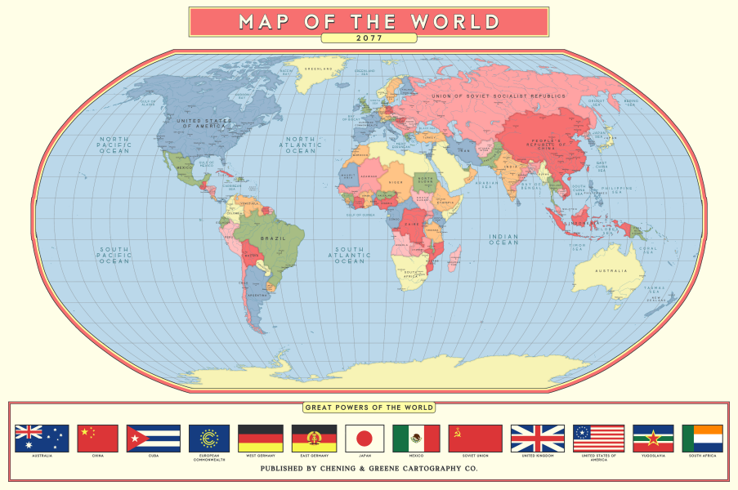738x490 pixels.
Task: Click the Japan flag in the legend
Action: pyautogui.click(x=365, y=439)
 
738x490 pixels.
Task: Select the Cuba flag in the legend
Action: pyautogui.click(x=153, y=439)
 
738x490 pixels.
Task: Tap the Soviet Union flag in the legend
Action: pyautogui.click(x=475, y=439)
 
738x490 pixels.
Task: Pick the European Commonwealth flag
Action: pyautogui.click(x=209, y=439)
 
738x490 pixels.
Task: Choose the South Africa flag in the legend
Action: pyautogui.click(x=702, y=439)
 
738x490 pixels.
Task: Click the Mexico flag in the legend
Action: pyautogui.click(x=416, y=439)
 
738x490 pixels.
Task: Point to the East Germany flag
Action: pyautogui.click(x=314, y=439)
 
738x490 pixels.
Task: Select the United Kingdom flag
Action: pyautogui.click(x=537, y=439)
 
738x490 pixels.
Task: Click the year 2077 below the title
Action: pyautogui.click(x=369, y=38)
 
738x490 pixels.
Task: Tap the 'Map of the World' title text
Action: pyautogui.click(x=369, y=21)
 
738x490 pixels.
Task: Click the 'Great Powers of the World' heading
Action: pyautogui.click(x=369, y=407)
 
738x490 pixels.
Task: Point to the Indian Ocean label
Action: pyautogui.click(x=503, y=239)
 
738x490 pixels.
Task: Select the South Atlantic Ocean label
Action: pyautogui.click(x=350, y=255)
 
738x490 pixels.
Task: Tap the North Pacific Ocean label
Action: pyautogui.click(x=115, y=145)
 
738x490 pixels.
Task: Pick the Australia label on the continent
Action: pyautogui.click(x=611, y=270)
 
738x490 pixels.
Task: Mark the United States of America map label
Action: pyautogui.click(x=204, y=123)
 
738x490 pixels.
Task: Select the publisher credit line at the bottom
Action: pyautogui.click(x=369, y=469)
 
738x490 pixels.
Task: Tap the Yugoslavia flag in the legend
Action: pyautogui.click(x=653, y=439)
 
